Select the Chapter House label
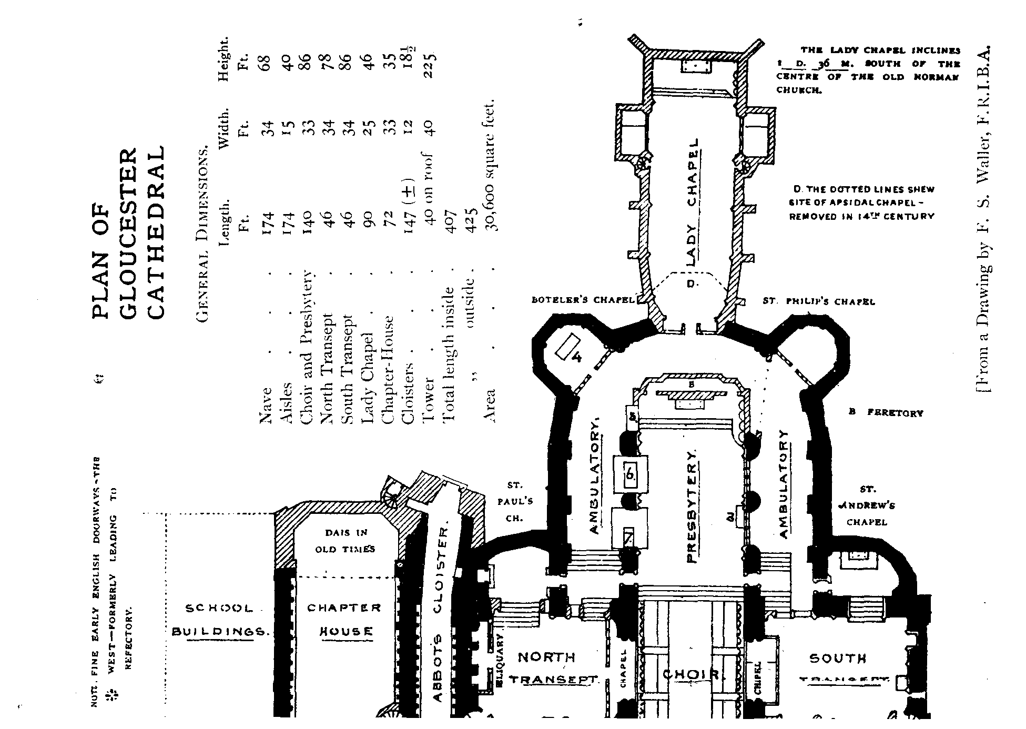[x=343, y=619]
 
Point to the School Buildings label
[x=219, y=620]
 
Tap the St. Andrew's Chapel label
[x=866, y=506]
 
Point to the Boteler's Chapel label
[x=583, y=300]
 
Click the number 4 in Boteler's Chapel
[x=576, y=358]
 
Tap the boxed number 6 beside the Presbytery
[x=630, y=475]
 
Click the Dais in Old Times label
[x=345, y=541]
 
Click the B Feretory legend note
[x=886, y=413]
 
